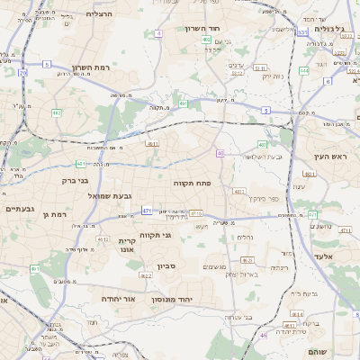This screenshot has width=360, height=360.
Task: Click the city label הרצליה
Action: tap(99, 14)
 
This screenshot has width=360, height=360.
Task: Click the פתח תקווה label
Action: tap(192, 183)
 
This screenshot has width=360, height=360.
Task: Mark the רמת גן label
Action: tap(56, 214)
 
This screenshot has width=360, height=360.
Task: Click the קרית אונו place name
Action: tap(127, 246)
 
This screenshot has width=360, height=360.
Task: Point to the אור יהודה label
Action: tap(117, 298)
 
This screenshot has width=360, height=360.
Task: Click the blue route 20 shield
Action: tap(22, 73)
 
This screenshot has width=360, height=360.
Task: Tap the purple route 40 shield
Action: tap(220, 154)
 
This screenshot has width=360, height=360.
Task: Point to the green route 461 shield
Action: tap(35, 268)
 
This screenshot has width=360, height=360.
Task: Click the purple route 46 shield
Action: tap(264, 336)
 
